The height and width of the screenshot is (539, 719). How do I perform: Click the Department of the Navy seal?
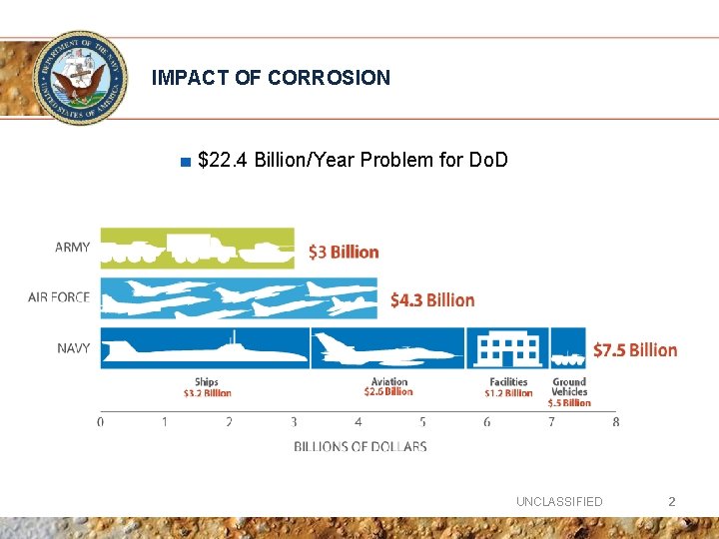(x=80, y=78)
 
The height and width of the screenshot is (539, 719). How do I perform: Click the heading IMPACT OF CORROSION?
(x=271, y=78)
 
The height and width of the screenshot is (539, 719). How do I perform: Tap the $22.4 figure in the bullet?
(x=224, y=160)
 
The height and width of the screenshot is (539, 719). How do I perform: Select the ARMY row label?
(x=72, y=248)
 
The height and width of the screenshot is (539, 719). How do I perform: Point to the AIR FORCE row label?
(x=59, y=297)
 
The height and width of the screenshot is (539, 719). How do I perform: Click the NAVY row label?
(x=73, y=348)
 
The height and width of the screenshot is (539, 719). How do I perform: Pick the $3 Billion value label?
(x=344, y=252)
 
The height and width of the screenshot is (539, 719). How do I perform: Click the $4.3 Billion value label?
(x=431, y=300)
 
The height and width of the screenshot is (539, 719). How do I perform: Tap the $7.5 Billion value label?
(x=634, y=350)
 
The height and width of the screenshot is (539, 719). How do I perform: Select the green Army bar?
(x=198, y=248)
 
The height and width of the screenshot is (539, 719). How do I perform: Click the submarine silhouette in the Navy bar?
(x=206, y=348)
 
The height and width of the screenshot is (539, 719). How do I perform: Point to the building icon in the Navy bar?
(x=508, y=348)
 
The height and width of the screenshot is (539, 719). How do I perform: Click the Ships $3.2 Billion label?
(x=207, y=387)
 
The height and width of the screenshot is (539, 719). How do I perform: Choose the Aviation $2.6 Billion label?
(x=388, y=387)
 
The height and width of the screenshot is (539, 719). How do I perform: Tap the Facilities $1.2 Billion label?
(x=508, y=387)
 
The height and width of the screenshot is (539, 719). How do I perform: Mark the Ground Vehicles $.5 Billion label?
(x=569, y=391)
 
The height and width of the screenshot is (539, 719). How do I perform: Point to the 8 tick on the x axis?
(x=615, y=422)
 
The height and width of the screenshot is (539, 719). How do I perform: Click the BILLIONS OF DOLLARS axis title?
(x=359, y=446)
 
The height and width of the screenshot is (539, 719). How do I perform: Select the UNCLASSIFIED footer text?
(x=559, y=502)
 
